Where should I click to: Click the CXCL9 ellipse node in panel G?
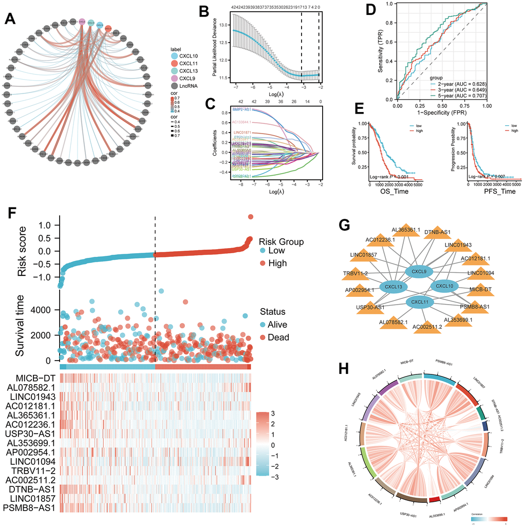[420, 270]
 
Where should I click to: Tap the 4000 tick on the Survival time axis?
[47, 310]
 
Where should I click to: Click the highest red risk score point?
[251, 217]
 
